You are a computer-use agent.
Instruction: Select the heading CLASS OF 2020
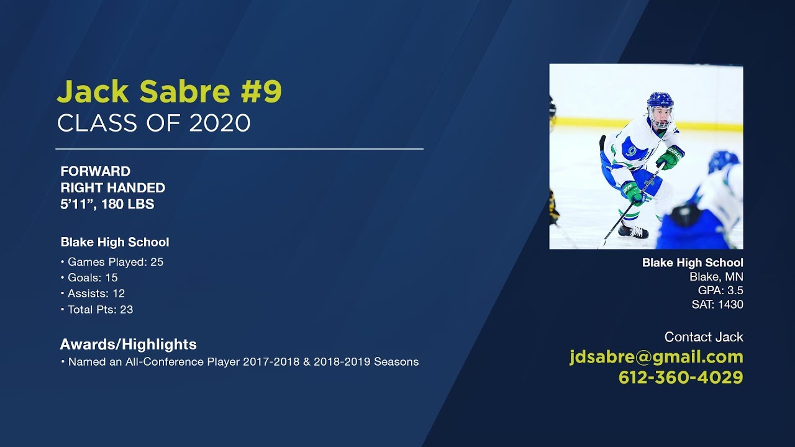point(153,123)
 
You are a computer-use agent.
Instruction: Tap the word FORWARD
point(95,171)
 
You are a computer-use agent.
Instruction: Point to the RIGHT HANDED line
point(112,187)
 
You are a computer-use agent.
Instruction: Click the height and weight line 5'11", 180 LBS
point(107,204)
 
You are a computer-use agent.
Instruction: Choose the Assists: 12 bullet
point(96,294)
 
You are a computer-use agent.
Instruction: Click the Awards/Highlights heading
point(128,344)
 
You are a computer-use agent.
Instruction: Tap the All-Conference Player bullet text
point(243,361)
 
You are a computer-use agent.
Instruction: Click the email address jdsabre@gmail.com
point(656,357)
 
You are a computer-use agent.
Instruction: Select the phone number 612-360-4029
point(681,377)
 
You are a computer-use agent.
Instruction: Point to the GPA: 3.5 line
point(720,291)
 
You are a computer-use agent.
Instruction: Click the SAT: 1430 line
point(717,304)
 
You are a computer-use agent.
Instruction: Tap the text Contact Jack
point(704,337)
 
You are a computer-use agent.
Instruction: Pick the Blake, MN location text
point(716,277)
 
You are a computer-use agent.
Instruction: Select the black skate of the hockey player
point(634,232)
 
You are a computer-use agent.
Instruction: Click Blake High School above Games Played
point(115,242)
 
